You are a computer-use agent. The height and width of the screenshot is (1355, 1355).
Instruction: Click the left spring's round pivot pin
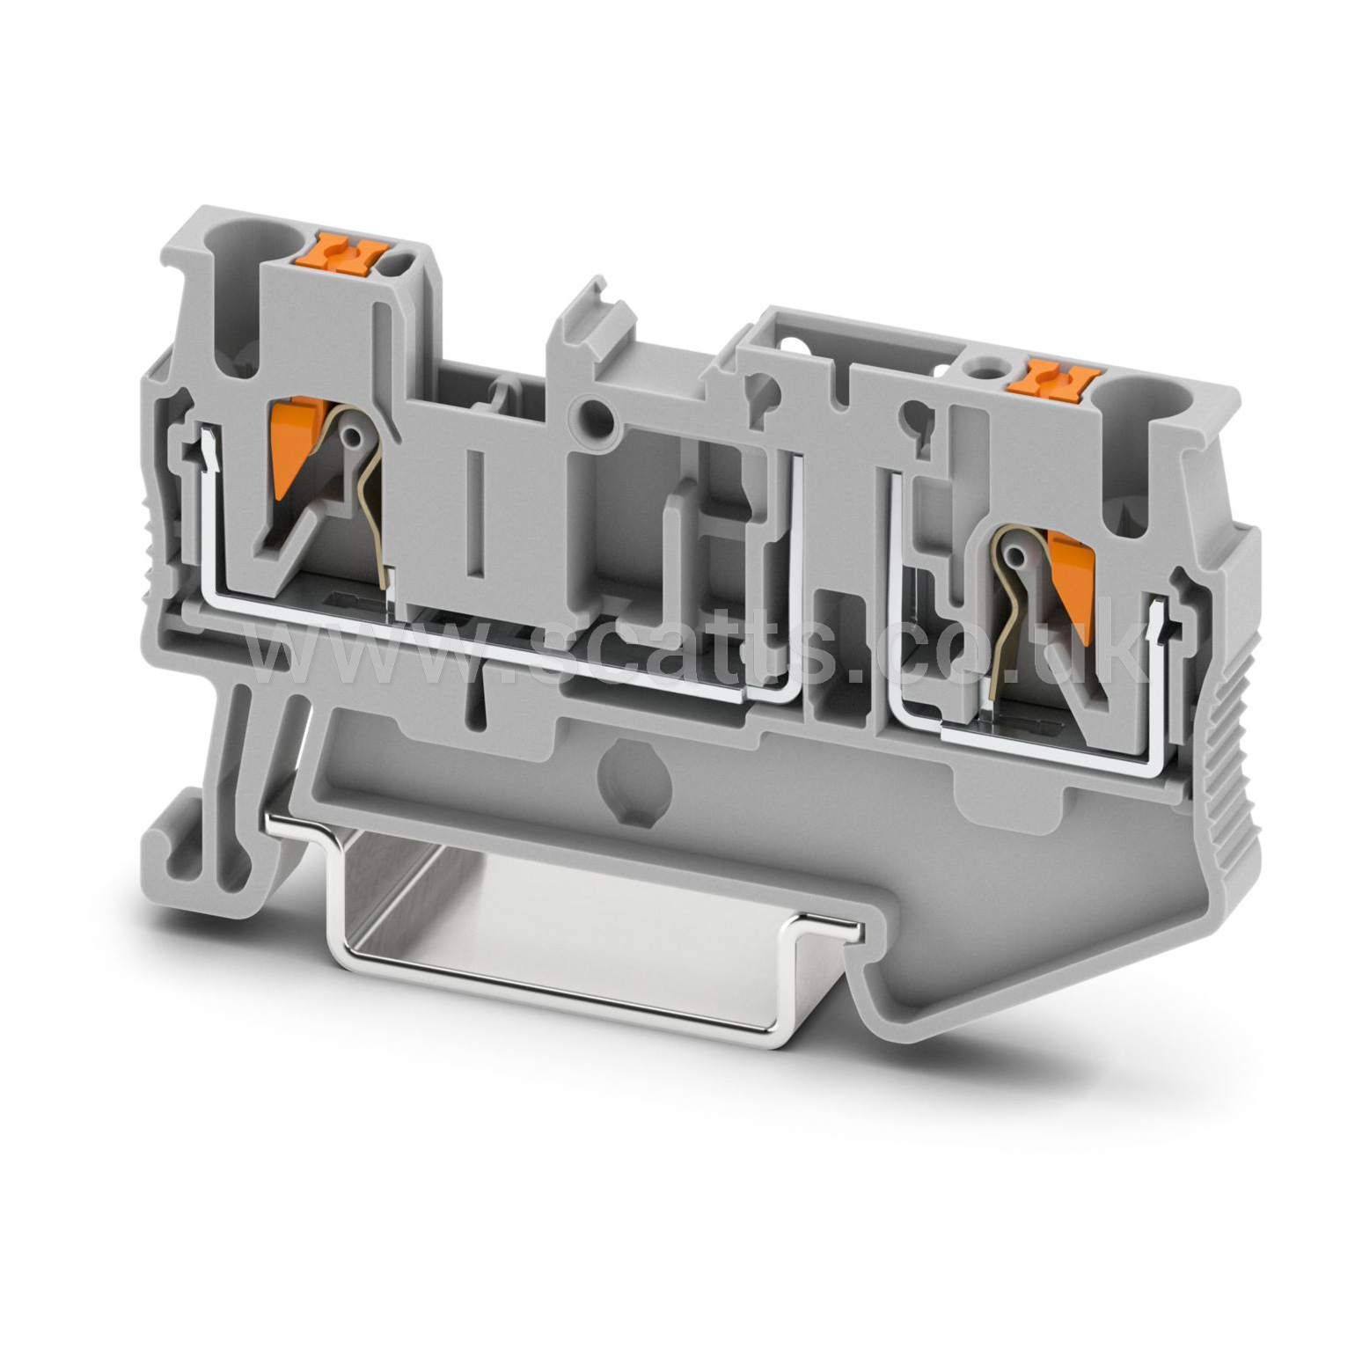tap(355, 436)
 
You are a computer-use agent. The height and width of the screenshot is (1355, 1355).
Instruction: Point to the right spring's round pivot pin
tap(1018, 555)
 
